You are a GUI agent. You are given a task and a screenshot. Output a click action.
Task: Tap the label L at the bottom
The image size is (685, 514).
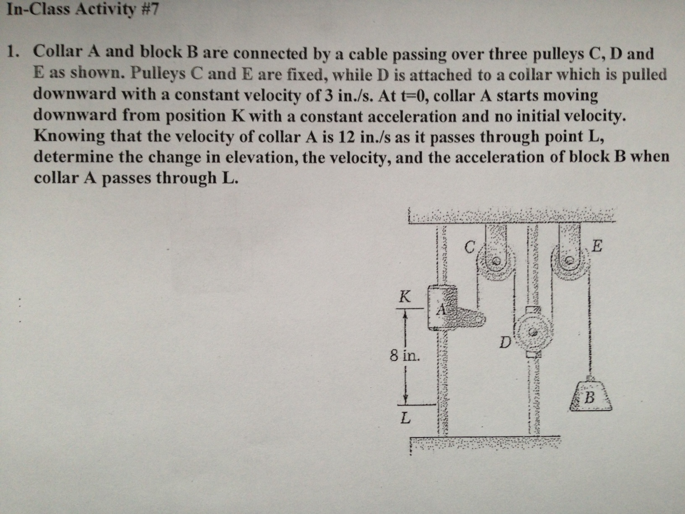click(x=404, y=418)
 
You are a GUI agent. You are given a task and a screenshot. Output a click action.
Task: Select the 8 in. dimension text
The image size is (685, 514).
click(x=404, y=357)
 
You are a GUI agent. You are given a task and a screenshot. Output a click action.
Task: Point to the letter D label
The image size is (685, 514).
click(x=505, y=343)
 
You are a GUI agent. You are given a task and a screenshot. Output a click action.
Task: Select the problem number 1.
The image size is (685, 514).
click(x=14, y=52)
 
